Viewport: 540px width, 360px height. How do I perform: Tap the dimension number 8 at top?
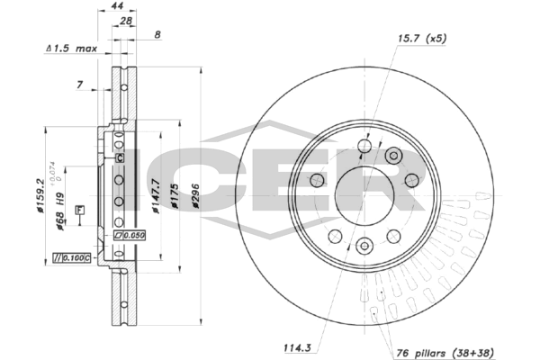(x=158, y=34)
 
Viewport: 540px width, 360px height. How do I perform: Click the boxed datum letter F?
(x=79, y=210)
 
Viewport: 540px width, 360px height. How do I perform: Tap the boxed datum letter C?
(x=119, y=157)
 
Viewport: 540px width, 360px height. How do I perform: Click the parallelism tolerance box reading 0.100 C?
(x=73, y=259)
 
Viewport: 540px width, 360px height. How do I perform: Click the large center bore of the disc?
(x=364, y=191)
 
